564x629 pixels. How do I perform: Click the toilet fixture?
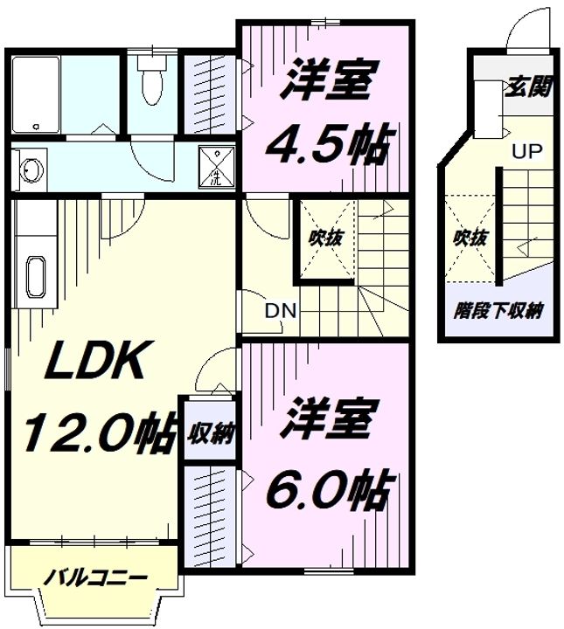[x=151, y=79]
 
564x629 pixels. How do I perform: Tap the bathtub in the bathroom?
[x=36, y=94]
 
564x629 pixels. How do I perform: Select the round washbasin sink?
[x=32, y=169]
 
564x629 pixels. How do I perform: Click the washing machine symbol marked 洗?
[x=216, y=167]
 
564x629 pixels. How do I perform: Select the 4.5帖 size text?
[x=328, y=143]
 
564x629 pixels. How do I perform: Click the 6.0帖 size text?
[x=329, y=489]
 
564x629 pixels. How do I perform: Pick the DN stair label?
[x=281, y=310]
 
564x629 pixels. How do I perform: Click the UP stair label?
[x=526, y=151]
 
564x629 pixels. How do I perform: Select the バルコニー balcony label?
[x=95, y=578]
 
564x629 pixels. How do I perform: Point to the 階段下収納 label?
[x=498, y=310]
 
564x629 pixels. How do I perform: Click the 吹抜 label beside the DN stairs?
[x=326, y=238]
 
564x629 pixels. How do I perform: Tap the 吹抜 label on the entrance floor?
[x=470, y=238]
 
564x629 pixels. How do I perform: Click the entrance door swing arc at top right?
[x=518, y=29]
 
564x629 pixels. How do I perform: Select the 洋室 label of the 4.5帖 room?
[x=329, y=79]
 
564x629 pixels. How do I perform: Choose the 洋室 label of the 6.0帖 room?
[x=329, y=418]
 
